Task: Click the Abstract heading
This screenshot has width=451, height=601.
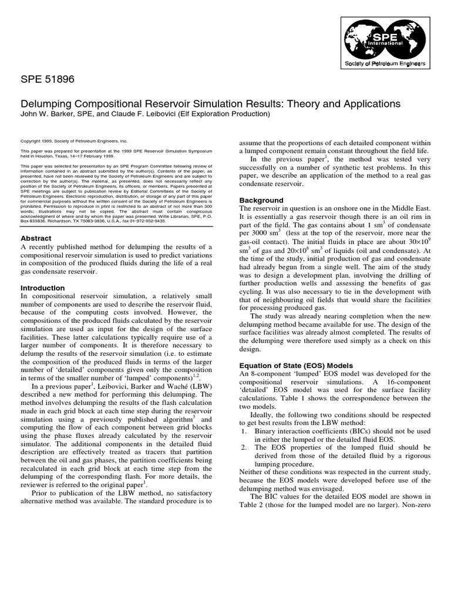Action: [x=36, y=238]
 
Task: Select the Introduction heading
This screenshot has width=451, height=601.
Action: [x=42, y=288]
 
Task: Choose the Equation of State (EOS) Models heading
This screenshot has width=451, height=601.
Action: [x=299, y=364]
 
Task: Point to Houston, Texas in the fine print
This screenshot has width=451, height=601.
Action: [x=49, y=156]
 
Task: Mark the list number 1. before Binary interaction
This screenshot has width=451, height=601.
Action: [x=245, y=430]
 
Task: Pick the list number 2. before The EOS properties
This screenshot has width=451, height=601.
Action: [x=245, y=447]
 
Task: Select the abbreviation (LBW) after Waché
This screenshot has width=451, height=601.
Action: [x=197, y=386]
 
